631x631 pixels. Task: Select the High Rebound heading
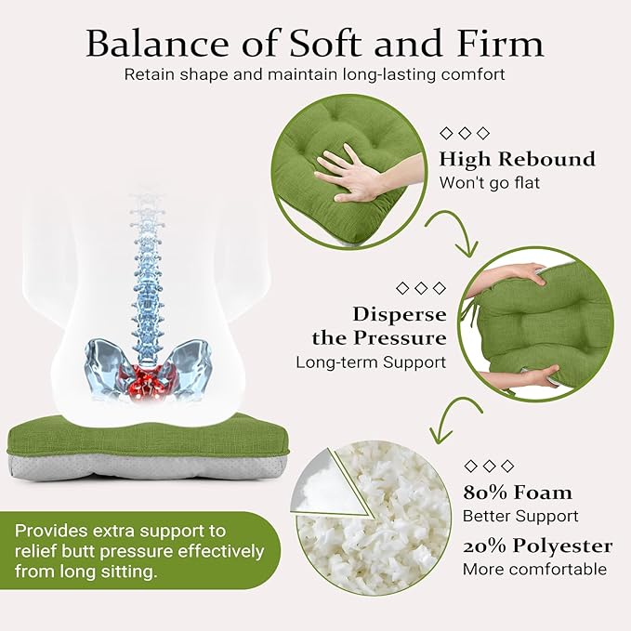(517, 159)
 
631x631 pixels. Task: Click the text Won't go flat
(490, 183)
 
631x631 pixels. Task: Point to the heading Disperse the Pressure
(379, 326)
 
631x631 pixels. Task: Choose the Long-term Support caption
(371, 362)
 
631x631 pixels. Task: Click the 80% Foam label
(517, 493)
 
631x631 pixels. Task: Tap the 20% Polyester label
(538, 546)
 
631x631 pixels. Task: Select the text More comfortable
(535, 570)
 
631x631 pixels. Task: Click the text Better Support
(520, 517)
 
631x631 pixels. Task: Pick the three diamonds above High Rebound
(465, 133)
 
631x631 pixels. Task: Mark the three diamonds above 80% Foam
(489, 467)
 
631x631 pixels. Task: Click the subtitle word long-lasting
(385, 75)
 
